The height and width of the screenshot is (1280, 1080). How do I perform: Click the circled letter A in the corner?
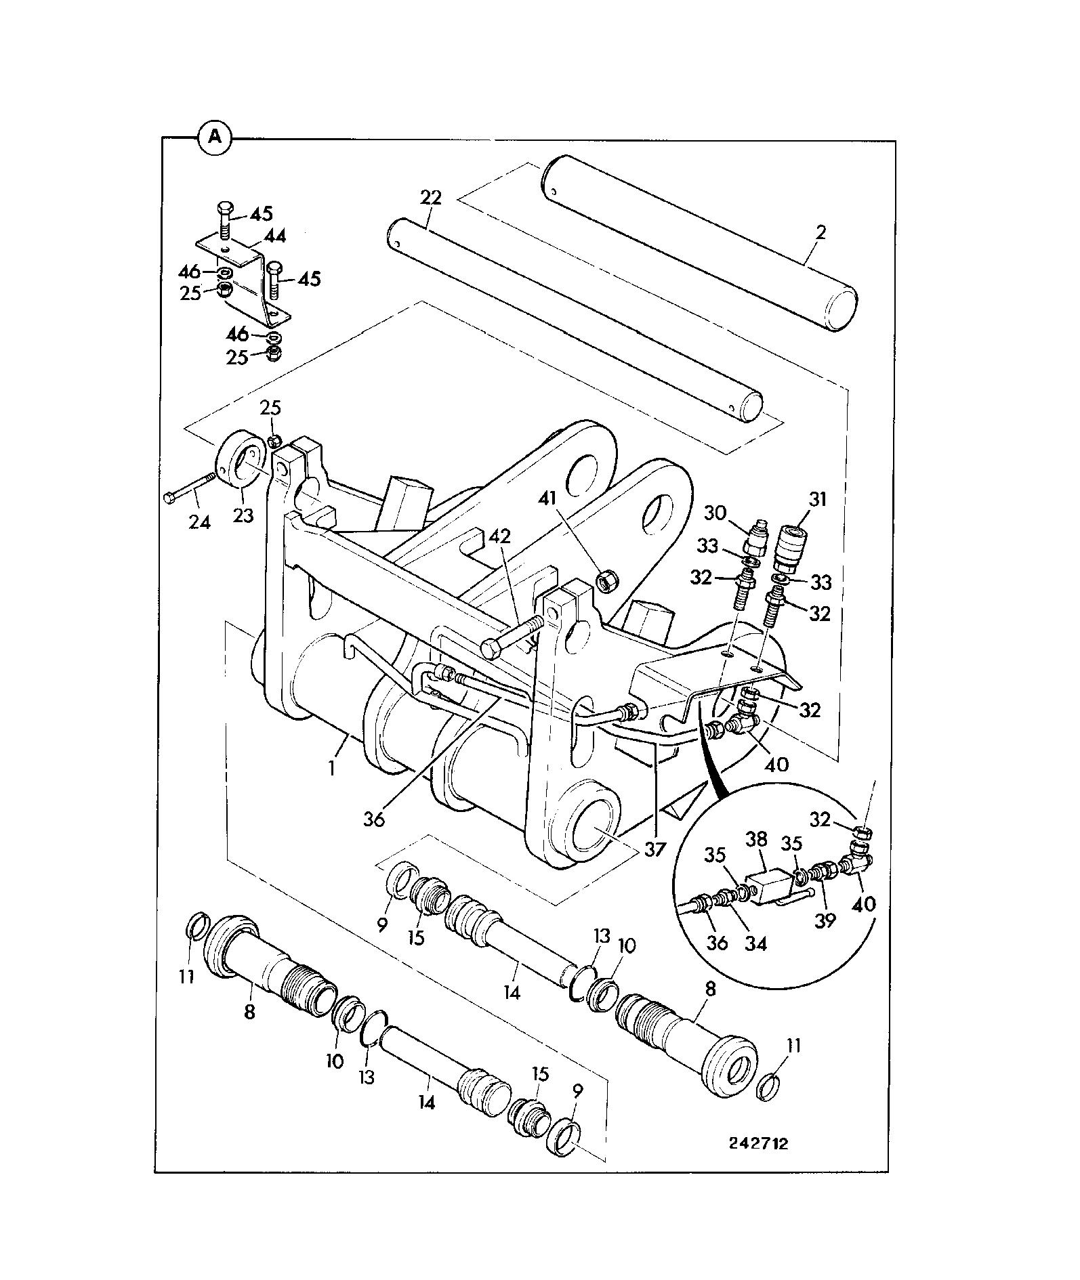[x=214, y=137]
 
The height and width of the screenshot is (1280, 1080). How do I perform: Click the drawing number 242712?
[x=759, y=1143]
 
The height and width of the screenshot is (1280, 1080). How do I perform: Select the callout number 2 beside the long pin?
[x=822, y=232]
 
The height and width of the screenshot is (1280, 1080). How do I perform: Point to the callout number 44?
[x=274, y=236]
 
